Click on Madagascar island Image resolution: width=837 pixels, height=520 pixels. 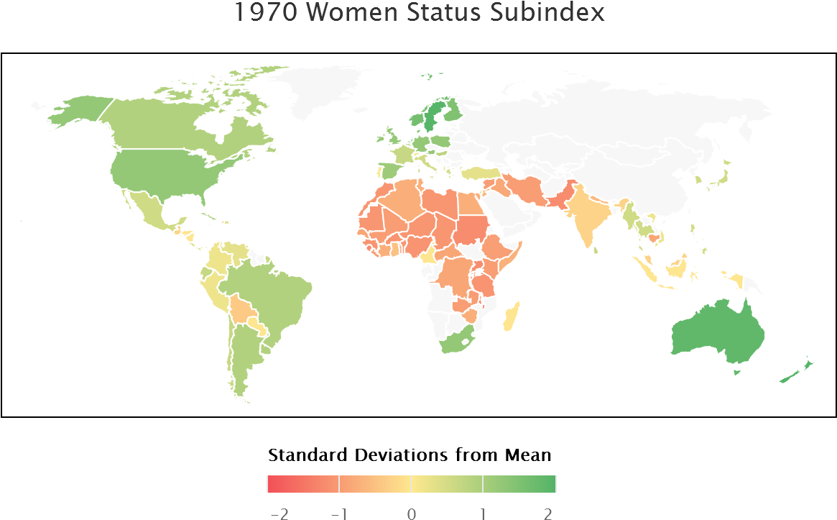511,316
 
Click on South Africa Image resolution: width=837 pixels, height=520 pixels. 456,341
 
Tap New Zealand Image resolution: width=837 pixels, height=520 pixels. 794,370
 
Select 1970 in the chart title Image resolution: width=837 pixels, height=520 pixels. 263,12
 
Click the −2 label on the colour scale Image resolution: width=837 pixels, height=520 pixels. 278,513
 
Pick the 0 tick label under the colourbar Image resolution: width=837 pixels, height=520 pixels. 411,513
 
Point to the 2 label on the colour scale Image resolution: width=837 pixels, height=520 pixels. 549,513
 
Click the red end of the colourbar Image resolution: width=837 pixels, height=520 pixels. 273,484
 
